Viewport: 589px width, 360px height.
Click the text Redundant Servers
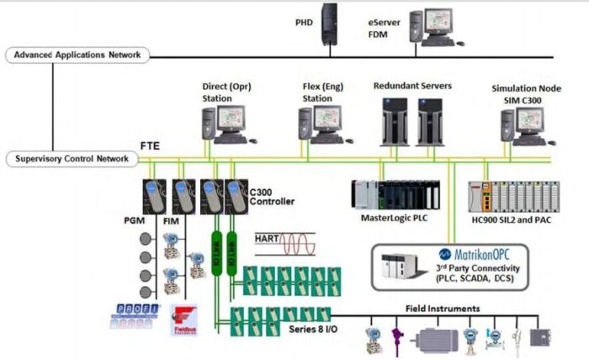(x=412, y=86)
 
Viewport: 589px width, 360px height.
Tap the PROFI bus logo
(x=133, y=318)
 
